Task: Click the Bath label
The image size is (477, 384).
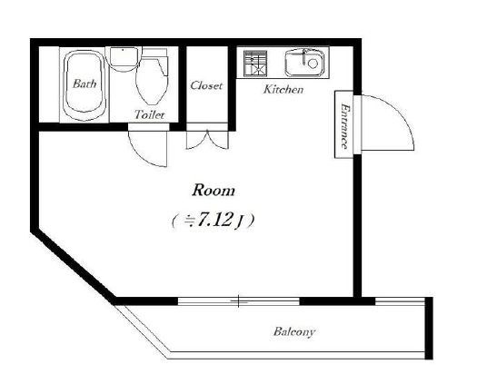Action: click(84, 84)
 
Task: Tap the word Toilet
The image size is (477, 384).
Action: click(149, 114)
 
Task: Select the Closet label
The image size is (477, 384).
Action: click(206, 85)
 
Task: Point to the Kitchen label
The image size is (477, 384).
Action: click(283, 89)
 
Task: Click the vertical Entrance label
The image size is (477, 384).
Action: click(344, 126)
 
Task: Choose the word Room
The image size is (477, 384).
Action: click(214, 191)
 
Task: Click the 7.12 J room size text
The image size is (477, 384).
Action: click(212, 220)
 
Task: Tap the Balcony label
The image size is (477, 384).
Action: click(294, 331)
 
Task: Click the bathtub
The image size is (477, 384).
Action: click(84, 85)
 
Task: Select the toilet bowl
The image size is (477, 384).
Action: click(152, 80)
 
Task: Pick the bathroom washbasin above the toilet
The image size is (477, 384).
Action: click(124, 59)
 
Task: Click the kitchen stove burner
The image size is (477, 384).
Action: click(255, 64)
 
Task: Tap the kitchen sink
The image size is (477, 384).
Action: click(303, 63)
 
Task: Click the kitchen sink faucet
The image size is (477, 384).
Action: click(304, 56)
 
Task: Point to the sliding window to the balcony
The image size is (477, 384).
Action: click(238, 301)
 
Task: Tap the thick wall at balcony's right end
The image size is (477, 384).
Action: click(429, 329)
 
